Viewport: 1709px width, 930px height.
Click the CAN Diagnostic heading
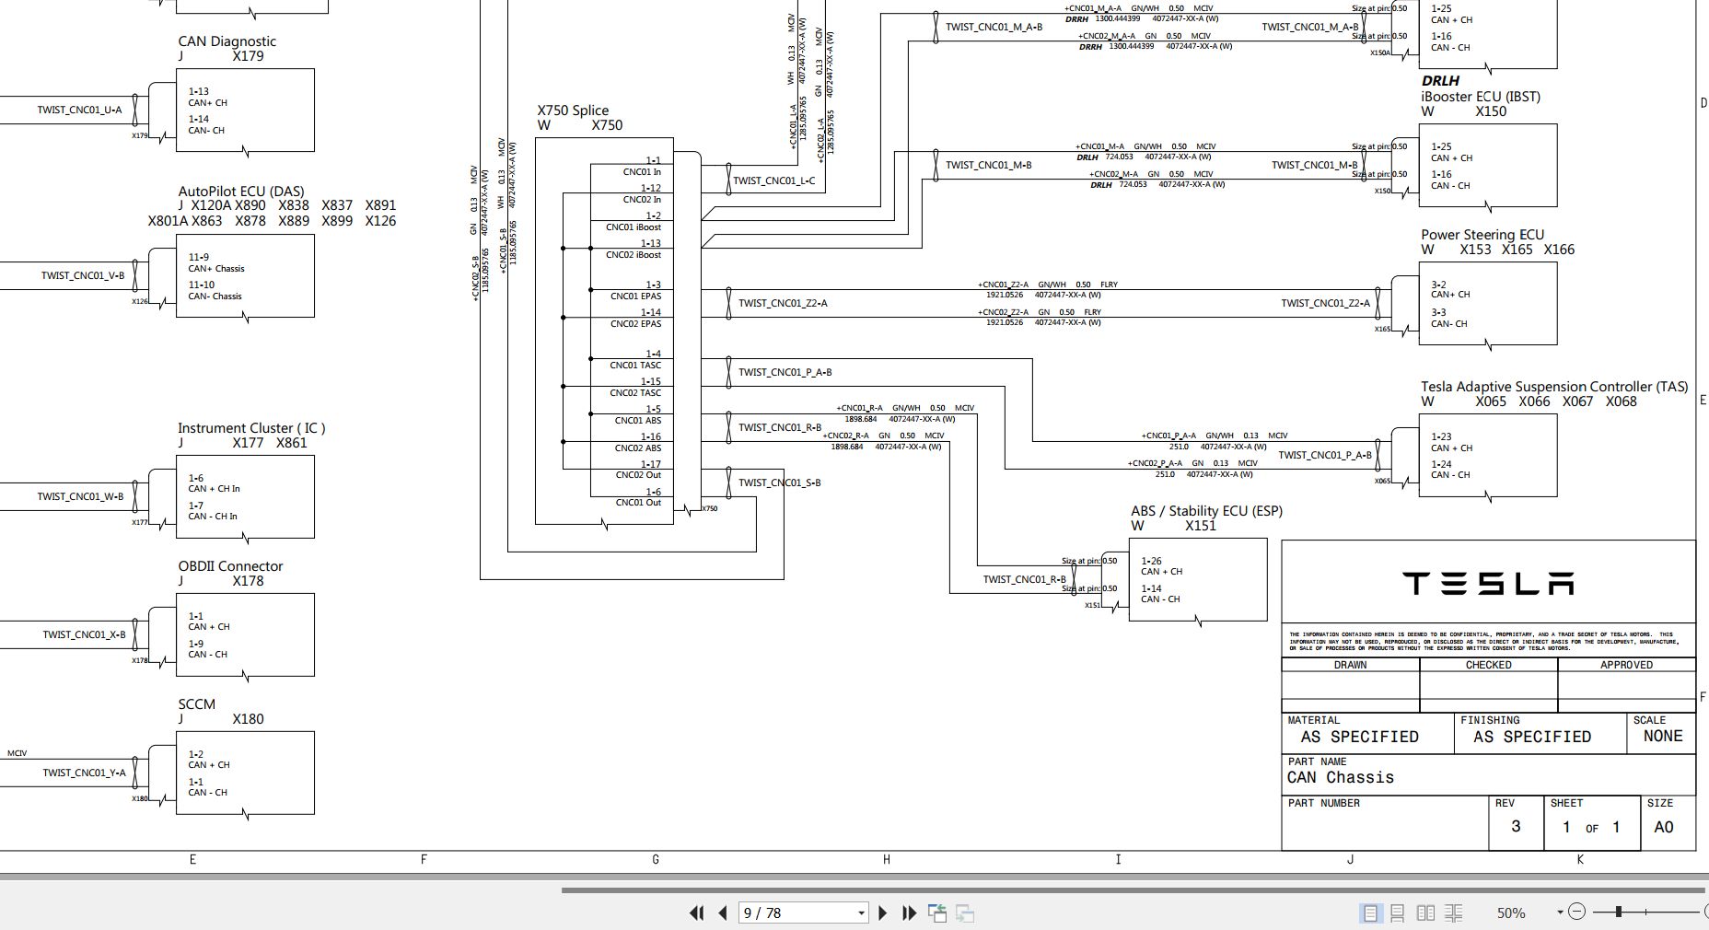click(x=227, y=41)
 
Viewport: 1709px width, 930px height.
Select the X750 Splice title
click(x=573, y=110)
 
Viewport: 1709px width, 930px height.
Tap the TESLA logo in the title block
click(x=1487, y=583)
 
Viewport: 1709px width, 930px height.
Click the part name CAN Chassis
click(x=1340, y=778)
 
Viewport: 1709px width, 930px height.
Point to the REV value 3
click(x=1516, y=827)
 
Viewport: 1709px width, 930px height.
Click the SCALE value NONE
click(x=1662, y=737)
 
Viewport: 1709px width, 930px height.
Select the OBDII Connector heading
click(x=230, y=566)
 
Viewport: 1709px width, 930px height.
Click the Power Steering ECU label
click(x=1482, y=235)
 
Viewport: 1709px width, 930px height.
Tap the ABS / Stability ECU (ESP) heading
click(x=1206, y=511)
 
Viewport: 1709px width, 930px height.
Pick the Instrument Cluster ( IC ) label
click(x=250, y=428)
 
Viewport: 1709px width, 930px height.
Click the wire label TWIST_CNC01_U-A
click(x=79, y=110)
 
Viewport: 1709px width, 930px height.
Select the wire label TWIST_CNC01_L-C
click(x=773, y=180)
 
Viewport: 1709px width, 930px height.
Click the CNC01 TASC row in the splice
click(x=635, y=366)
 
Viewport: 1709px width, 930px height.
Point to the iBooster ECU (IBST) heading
click(x=1480, y=97)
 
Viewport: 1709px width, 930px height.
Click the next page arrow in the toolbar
click(x=882, y=913)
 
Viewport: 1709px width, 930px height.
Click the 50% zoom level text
click(x=1510, y=913)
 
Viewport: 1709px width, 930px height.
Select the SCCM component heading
click(x=196, y=704)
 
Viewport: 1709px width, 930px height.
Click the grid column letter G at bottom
click(x=655, y=859)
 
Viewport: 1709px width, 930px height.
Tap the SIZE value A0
click(x=1663, y=827)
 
